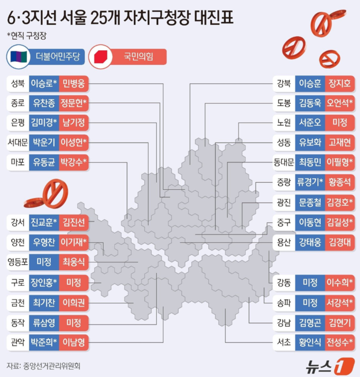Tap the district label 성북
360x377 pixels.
point(17,83)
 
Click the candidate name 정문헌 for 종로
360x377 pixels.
point(74,103)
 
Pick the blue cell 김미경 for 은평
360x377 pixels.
point(44,122)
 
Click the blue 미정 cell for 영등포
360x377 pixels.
point(44,260)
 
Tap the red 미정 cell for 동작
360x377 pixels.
point(74,322)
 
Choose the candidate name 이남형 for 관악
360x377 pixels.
point(74,342)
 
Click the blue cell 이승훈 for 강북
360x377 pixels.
point(310,83)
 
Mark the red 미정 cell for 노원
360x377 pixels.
point(340,122)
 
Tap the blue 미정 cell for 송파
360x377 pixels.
point(310,302)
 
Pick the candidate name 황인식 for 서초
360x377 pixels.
point(310,342)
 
